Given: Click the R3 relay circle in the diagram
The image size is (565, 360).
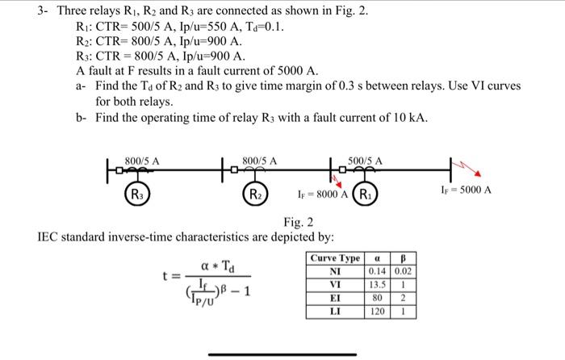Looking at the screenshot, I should click(137, 195).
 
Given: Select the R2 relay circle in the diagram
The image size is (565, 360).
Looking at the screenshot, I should click(253, 195).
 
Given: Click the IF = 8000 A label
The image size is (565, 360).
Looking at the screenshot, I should click(321, 194).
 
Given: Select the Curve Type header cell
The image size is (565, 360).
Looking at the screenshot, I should click(336, 257).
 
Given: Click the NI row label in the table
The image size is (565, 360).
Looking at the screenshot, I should click(336, 271).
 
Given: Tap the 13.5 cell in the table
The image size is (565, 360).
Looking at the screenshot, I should click(375, 284).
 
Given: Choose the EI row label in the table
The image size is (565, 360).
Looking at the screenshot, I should click(336, 297).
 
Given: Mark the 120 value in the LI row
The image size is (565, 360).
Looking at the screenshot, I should click(375, 310).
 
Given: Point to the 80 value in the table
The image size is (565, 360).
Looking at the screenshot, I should click(375, 297).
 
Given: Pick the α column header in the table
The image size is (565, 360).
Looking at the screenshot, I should click(375, 257).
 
